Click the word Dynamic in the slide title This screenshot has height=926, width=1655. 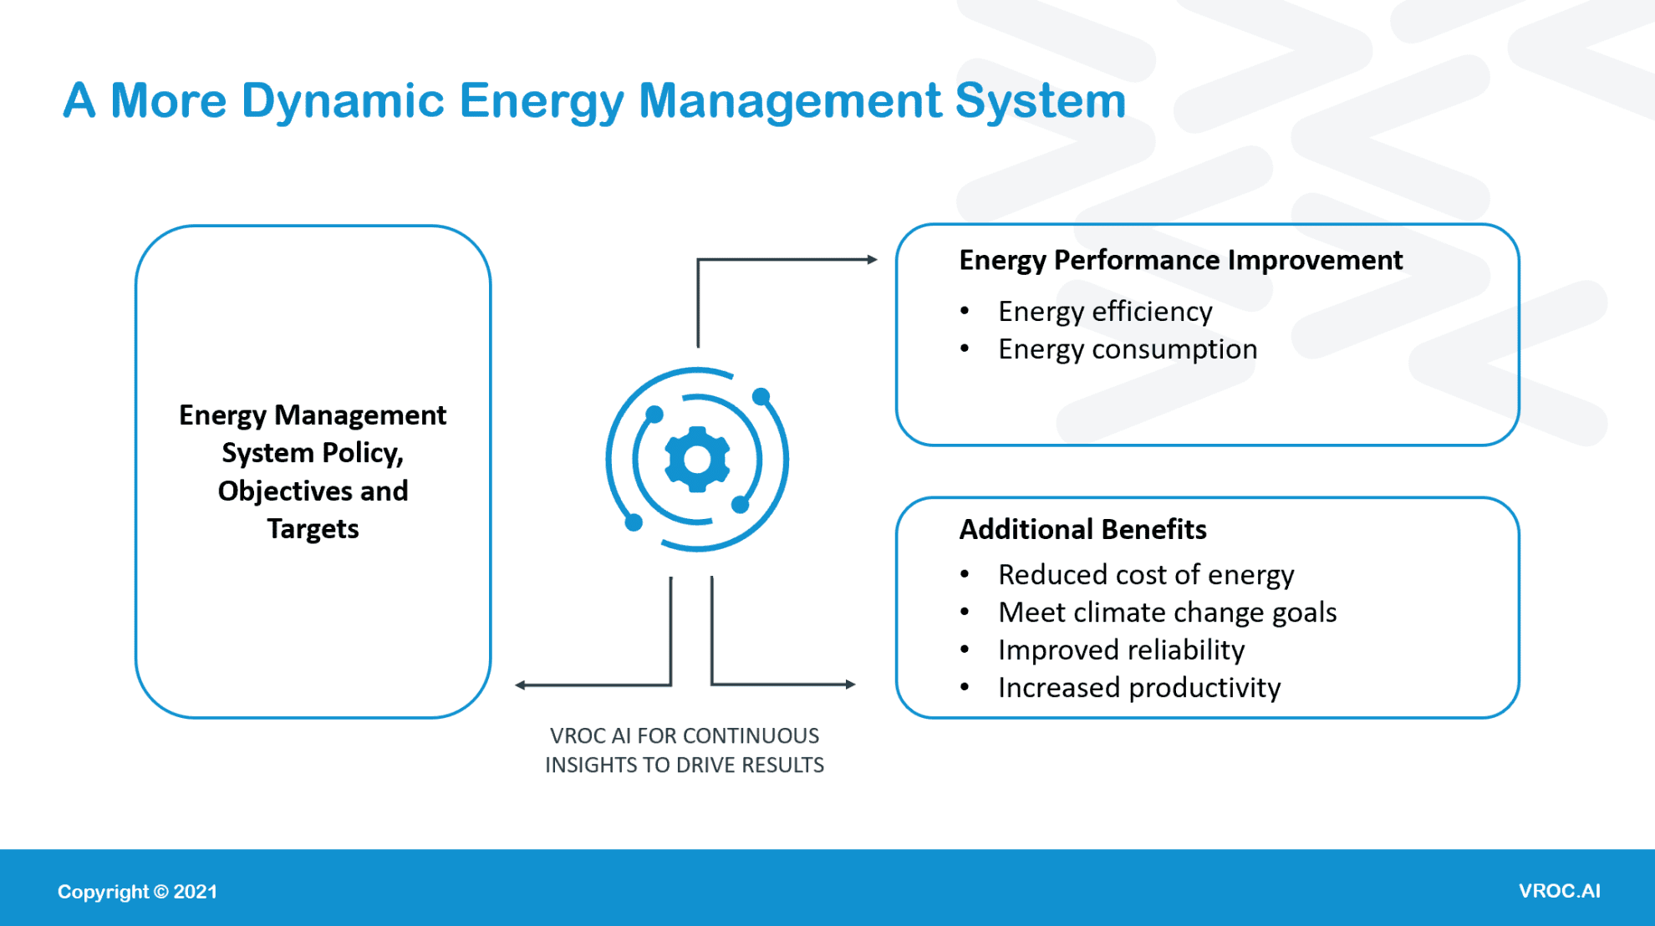[342, 101]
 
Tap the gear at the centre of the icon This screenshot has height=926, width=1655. [697, 459]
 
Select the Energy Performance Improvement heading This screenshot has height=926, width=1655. [1180, 260]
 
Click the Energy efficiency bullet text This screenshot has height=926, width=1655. [1105, 311]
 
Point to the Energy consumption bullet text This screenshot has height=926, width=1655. [1128, 349]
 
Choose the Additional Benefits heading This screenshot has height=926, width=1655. [1082, 529]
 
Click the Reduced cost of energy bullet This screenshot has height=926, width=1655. [1146, 574]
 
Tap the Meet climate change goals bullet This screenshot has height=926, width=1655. [1167, 612]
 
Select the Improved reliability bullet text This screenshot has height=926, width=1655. [1121, 649]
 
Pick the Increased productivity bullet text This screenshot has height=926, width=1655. [1139, 687]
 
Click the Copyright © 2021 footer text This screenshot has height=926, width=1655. [137, 892]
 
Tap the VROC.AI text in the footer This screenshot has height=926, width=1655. [1559, 891]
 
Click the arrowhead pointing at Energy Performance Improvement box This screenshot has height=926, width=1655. [872, 260]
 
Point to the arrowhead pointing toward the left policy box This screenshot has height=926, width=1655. [521, 685]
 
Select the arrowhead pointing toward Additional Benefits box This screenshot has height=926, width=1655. [850, 684]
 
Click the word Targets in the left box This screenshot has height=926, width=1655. [313, 528]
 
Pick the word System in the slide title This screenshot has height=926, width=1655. [1041, 101]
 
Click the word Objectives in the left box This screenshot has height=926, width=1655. [285, 491]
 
